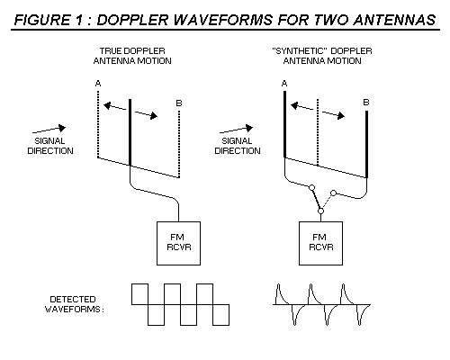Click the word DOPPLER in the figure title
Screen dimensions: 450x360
pos(132,20)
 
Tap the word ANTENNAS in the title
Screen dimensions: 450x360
pos(394,20)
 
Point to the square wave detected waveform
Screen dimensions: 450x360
pos(180,304)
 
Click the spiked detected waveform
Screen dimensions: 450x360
pos(321,304)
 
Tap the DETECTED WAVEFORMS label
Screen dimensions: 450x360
pos(74,304)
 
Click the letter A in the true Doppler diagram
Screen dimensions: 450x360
pos(98,83)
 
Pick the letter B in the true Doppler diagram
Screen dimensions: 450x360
pos(179,103)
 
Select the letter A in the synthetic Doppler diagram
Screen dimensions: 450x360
pos(284,83)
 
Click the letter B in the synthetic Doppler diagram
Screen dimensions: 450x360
pos(366,103)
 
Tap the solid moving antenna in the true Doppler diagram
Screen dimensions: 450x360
pos(130,132)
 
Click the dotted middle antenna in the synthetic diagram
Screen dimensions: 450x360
pos(318,132)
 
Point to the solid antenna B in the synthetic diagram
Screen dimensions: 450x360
pos(366,144)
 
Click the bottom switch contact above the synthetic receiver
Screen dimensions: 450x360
pos(320,211)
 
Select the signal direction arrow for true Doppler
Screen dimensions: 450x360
pos(49,130)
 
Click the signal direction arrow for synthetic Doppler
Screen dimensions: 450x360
pos(236,130)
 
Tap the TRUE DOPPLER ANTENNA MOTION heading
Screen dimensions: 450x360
pos(132,56)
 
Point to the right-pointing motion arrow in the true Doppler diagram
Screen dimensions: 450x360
pos(146,114)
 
